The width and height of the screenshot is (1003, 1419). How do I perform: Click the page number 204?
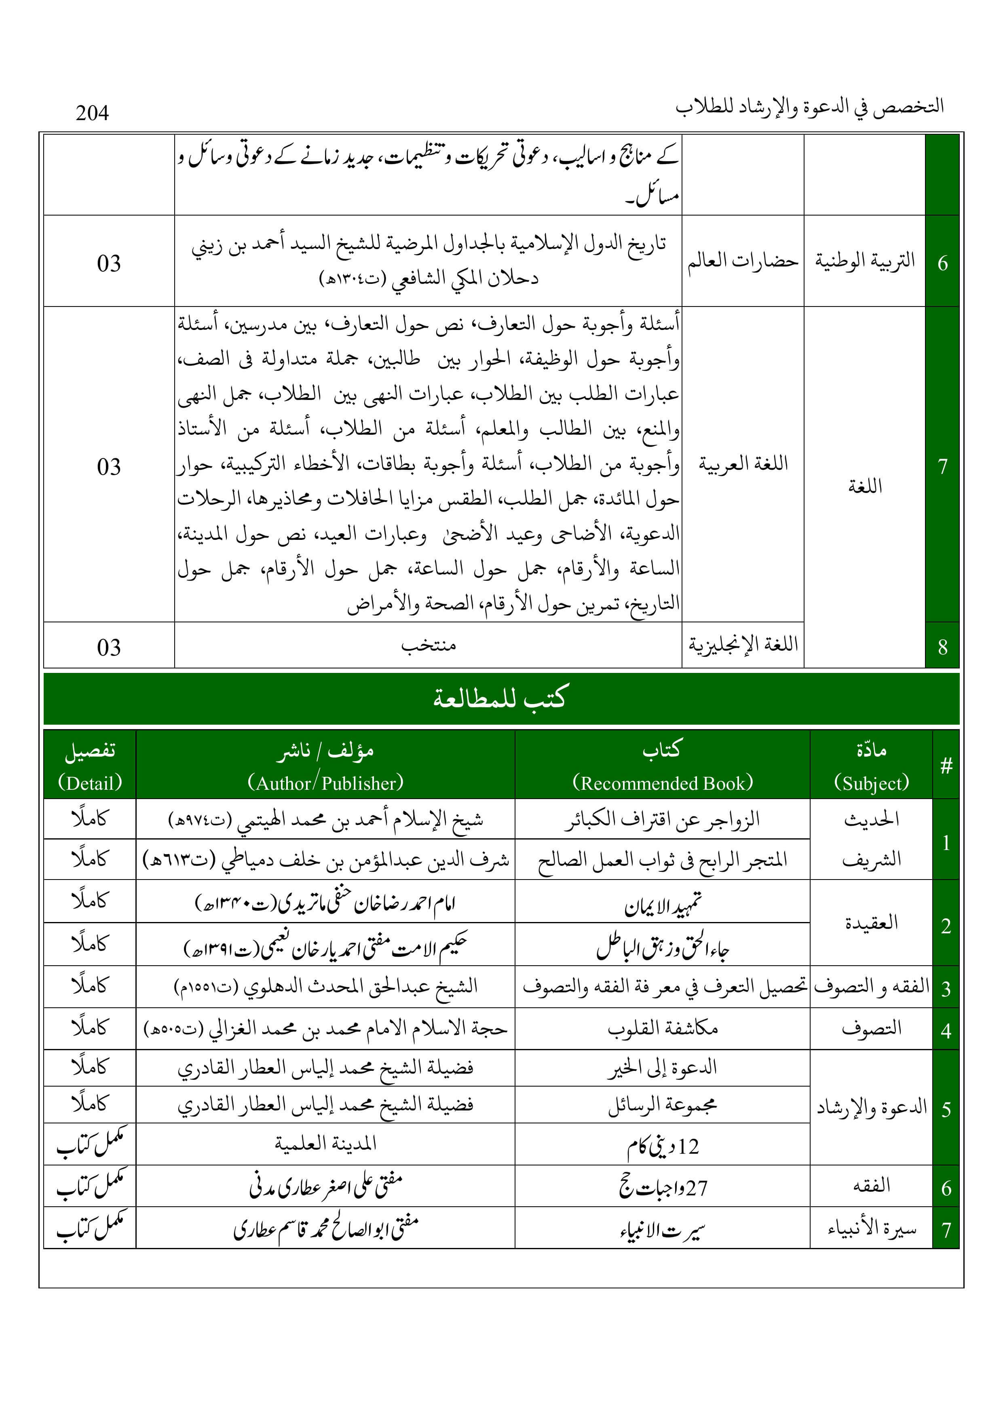point(92,113)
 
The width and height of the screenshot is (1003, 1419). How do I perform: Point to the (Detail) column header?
point(90,783)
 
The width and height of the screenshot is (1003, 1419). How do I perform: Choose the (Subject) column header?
point(871,783)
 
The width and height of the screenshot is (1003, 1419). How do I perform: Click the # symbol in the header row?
point(946,766)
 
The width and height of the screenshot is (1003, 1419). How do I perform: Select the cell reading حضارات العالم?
point(743,261)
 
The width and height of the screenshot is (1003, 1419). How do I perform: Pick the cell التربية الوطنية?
point(865,261)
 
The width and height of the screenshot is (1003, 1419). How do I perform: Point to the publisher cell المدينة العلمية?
point(326,1144)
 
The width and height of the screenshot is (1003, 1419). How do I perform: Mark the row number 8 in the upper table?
point(942,647)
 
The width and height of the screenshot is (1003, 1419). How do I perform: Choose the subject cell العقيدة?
point(871,923)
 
